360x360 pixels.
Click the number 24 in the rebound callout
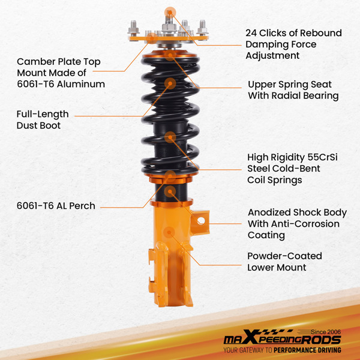(x=251, y=33)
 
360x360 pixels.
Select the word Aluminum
(x=81, y=84)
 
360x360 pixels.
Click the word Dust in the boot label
(x=27, y=125)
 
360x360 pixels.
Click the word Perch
(x=82, y=206)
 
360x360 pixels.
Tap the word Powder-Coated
(x=284, y=256)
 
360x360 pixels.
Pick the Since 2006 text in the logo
(x=326, y=332)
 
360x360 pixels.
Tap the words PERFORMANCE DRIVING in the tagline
(x=307, y=350)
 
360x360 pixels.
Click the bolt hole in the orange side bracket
(x=201, y=221)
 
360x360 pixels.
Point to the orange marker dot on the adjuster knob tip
(x=170, y=13)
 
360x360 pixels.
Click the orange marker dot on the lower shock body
(x=169, y=232)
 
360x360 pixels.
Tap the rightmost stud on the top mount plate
(x=202, y=28)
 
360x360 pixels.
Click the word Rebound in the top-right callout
(x=321, y=33)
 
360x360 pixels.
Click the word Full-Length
(x=43, y=114)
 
